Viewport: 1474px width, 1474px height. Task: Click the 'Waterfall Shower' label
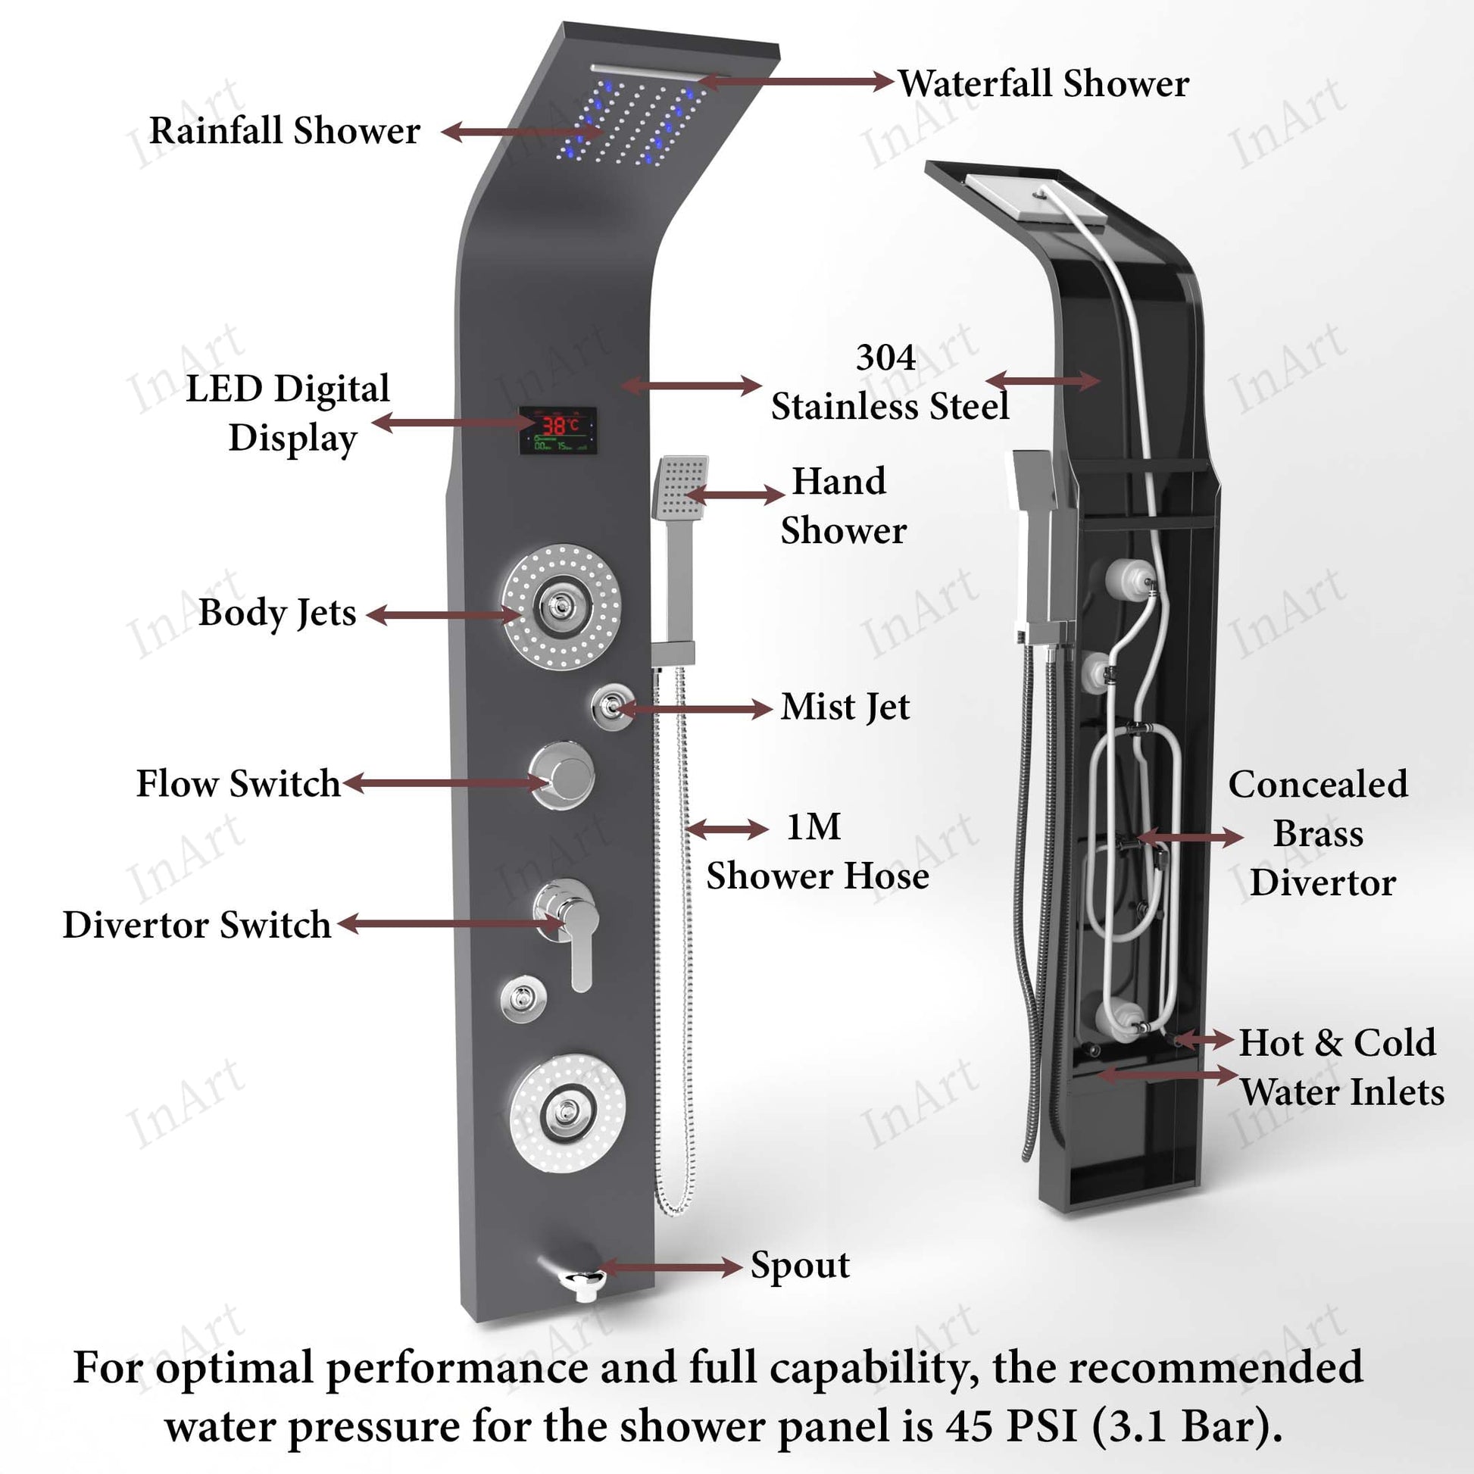[x=1042, y=83]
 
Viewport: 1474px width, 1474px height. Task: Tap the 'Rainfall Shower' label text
[x=285, y=130]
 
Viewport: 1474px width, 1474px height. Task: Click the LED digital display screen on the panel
[x=557, y=430]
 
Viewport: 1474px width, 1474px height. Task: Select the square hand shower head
[x=679, y=487]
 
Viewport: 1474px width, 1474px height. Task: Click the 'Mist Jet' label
[x=845, y=707]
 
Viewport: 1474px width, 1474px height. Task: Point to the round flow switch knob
[x=562, y=774]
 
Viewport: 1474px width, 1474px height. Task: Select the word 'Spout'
[x=800, y=1266]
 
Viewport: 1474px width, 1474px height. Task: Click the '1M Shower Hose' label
[x=817, y=851]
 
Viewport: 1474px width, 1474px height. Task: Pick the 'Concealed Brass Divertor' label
[x=1318, y=833]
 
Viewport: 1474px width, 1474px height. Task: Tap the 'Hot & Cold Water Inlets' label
[x=1341, y=1066]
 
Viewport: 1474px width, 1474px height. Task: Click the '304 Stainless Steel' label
[x=889, y=382]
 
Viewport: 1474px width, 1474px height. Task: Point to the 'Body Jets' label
[x=277, y=613]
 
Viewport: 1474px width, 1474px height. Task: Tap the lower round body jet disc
[x=567, y=1113]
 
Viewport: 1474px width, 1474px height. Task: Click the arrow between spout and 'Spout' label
[x=670, y=1268]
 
